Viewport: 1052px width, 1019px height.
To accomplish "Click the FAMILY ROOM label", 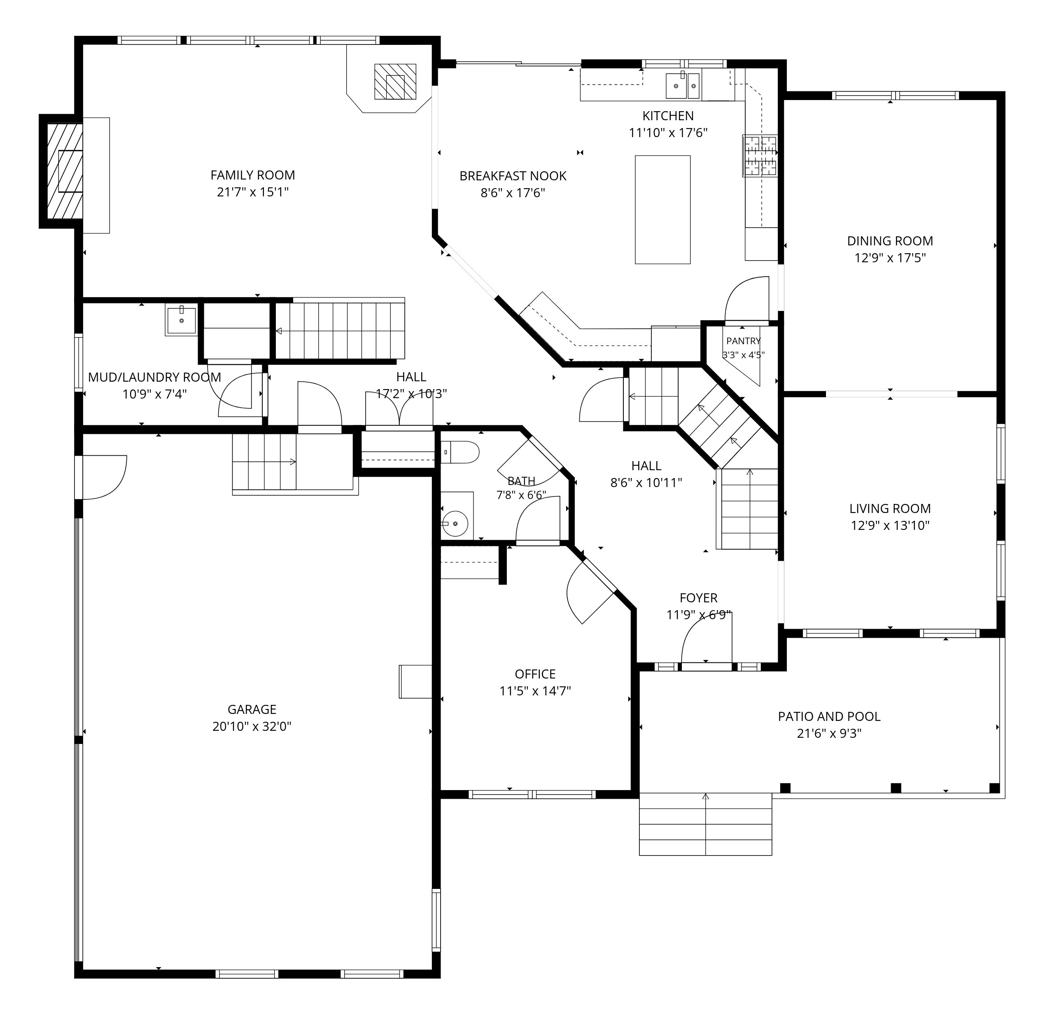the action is [253, 175].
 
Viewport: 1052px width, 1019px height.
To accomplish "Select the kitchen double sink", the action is [683, 86].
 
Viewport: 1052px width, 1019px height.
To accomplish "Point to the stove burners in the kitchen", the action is [760, 156].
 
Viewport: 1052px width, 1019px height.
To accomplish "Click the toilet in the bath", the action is [460, 452].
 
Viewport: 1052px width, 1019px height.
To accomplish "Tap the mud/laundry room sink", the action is [181, 320].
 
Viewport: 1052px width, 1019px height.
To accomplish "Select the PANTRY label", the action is [743, 341].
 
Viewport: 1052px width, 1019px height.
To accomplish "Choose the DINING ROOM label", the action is [890, 241].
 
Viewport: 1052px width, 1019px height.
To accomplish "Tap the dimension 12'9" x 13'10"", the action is [890, 525].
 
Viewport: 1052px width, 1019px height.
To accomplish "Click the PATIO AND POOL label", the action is [829, 716].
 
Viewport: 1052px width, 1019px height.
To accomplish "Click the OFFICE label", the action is [535, 674].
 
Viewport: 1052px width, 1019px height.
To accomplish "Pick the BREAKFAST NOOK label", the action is [513, 175].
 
